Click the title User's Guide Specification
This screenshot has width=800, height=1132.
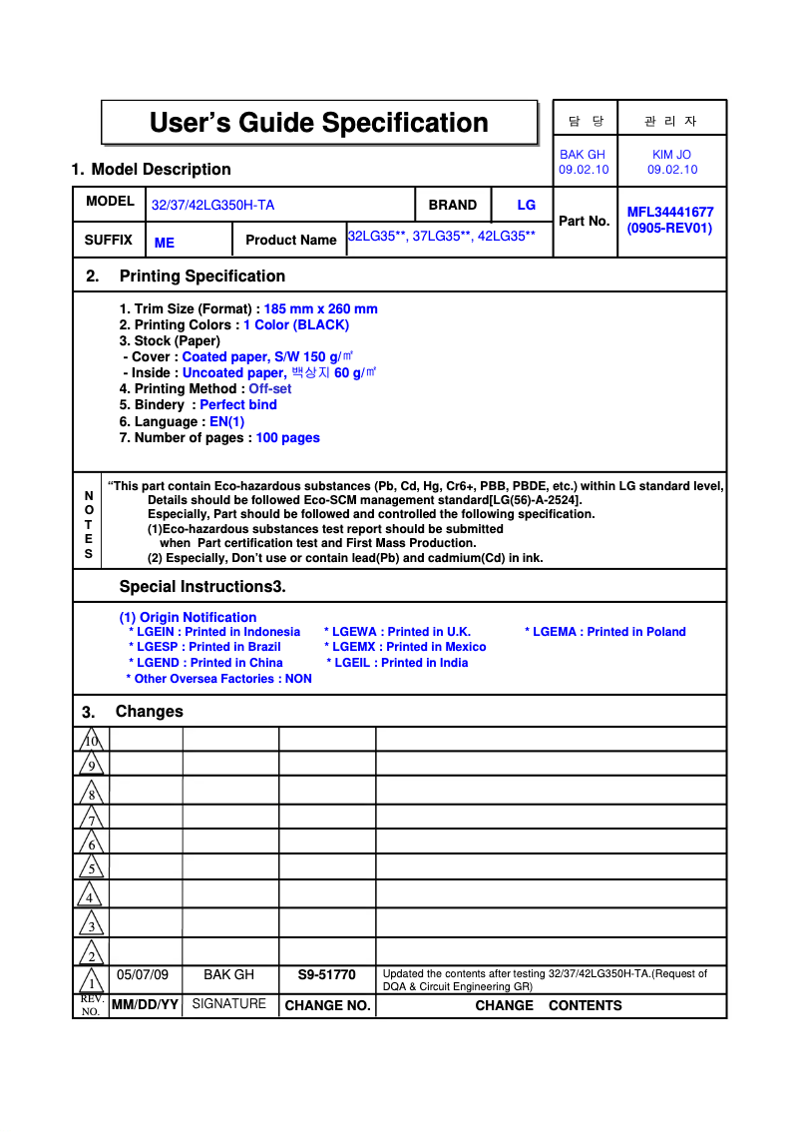tap(318, 123)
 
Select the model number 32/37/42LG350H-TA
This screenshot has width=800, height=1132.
tap(212, 206)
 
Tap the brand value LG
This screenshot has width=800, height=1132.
tap(526, 205)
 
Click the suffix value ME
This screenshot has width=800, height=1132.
tap(165, 243)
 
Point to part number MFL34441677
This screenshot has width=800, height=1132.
tap(669, 212)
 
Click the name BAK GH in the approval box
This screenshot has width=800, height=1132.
tap(583, 155)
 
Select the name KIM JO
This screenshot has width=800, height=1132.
tap(671, 155)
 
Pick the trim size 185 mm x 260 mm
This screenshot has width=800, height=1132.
tap(320, 308)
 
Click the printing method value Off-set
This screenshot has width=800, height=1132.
tap(270, 388)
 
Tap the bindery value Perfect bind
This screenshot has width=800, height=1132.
tap(238, 404)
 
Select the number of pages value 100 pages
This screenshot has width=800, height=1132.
tap(287, 437)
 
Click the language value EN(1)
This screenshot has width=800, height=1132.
tap(226, 421)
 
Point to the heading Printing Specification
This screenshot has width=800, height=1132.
tap(201, 277)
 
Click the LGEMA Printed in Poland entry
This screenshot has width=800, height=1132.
tap(605, 632)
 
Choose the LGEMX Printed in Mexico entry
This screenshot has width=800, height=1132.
tap(405, 647)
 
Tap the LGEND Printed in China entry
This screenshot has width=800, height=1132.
tap(205, 663)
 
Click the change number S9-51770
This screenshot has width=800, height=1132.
tap(326, 974)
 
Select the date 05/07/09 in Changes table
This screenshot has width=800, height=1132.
tap(143, 974)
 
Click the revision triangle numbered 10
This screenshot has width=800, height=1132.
tap(91, 741)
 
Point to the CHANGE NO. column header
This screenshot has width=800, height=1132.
tap(327, 1006)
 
